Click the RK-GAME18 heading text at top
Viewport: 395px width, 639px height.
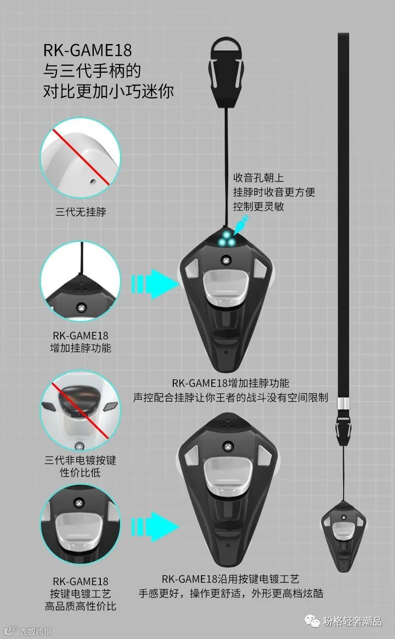(x=87, y=50)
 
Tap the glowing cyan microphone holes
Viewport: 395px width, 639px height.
(x=228, y=239)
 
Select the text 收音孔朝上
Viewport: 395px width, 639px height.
(x=259, y=178)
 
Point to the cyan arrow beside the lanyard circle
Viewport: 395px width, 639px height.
(x=155, y=284)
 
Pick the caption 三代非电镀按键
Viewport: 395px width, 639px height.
(x=80, y=460)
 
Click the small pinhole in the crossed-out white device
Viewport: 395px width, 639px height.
(x=92, y=181)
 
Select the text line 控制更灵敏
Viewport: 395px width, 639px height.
(x=259, y=206)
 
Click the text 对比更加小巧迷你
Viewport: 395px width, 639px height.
(x=109, y=91)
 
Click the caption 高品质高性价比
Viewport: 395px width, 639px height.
(x=80, y=606)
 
